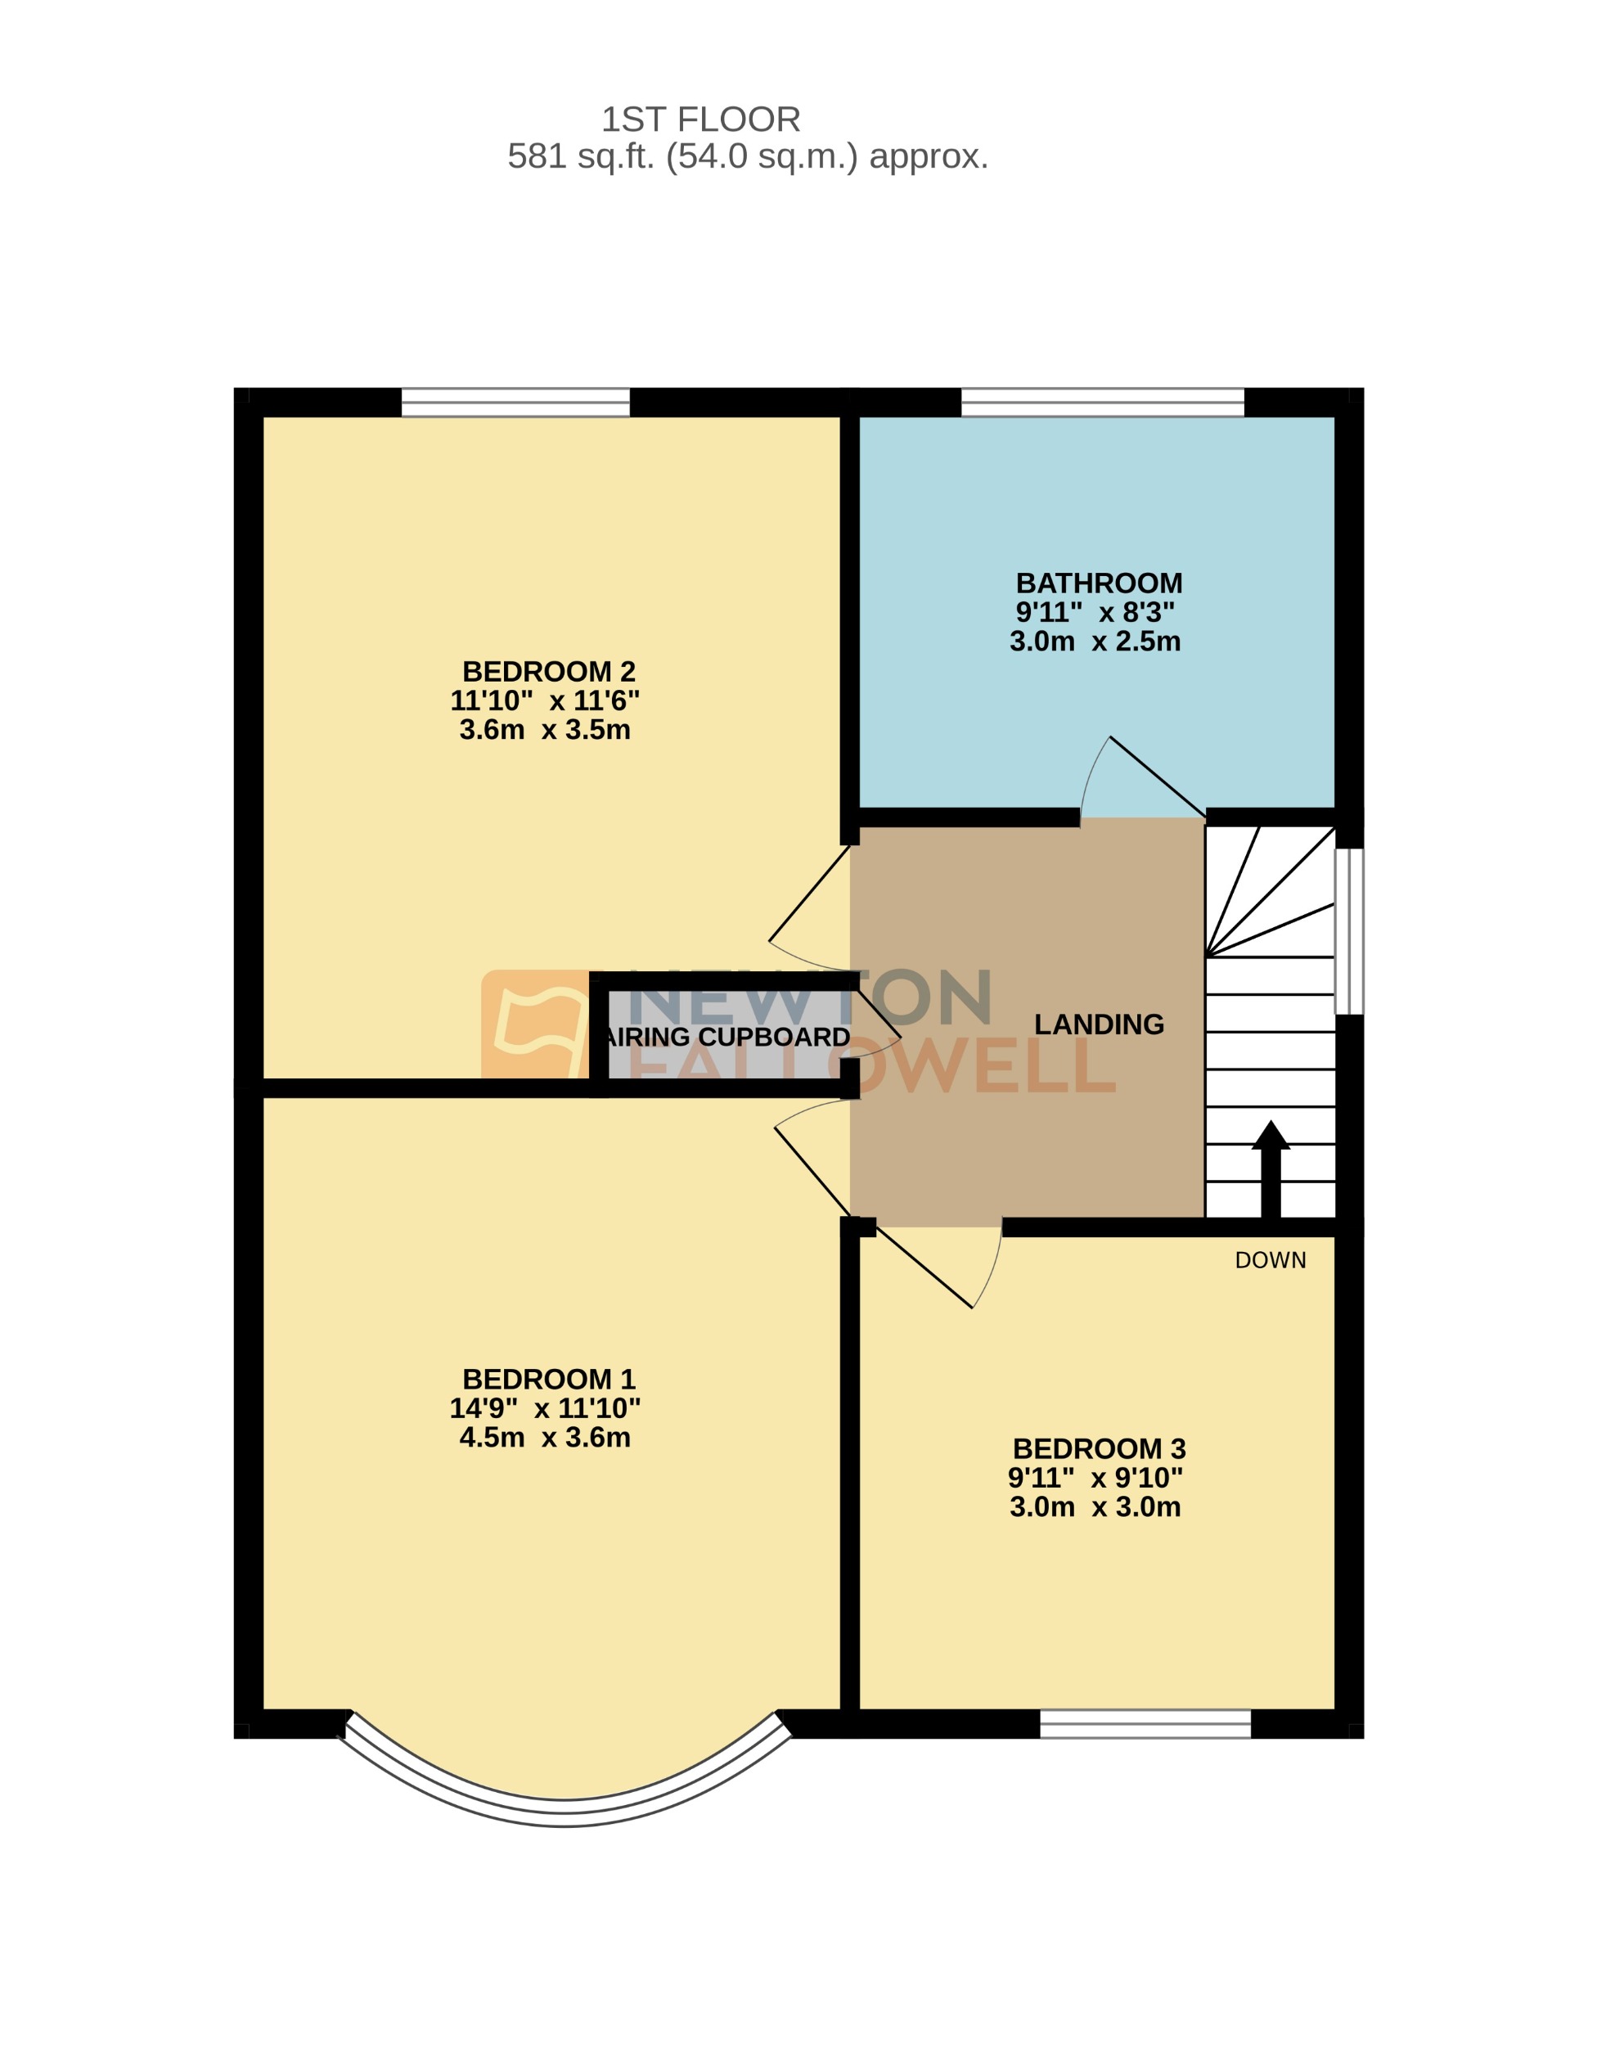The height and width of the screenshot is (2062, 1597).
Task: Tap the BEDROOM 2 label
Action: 548,671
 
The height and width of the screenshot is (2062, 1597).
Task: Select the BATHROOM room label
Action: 1099,583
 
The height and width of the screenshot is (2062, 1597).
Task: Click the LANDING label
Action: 1099,1024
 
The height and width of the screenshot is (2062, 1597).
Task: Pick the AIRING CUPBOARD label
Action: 727,1037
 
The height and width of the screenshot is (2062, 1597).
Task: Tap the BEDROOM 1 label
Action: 548,1380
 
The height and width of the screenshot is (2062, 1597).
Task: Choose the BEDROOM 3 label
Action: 1099,1448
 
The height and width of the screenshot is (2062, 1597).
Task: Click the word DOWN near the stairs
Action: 1271,1260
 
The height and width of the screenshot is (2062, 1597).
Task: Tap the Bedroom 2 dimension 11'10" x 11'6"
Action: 545,700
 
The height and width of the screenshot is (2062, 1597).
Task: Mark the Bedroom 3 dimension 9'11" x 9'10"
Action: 1095,1478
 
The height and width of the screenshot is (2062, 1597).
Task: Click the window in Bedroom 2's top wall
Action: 515,403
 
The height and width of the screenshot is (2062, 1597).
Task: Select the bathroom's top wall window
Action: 1102,403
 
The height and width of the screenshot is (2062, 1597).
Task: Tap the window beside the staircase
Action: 1349,931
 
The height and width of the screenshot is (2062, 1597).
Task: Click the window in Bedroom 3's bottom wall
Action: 1145,1725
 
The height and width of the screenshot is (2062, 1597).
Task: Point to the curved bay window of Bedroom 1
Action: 564,1812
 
